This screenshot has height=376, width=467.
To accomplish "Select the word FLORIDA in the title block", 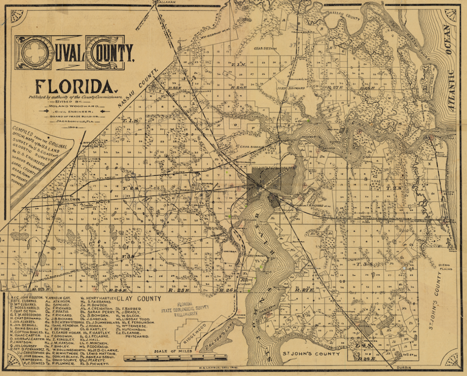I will coord(75,85).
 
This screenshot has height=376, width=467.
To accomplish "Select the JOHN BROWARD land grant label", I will coord(287,88).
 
